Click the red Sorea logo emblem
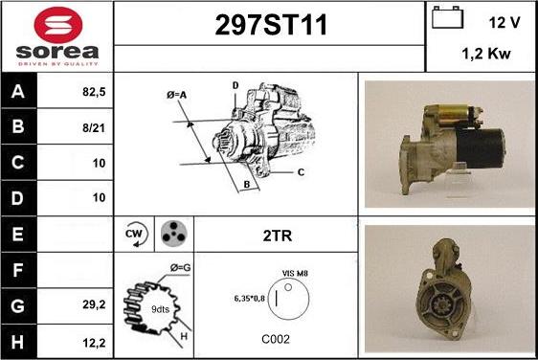[x=58, y=25]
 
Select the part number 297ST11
[x=271, y=25]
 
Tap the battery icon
[x=447, y=17]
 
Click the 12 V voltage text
[x=504, y=23]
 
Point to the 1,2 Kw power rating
[x=486, y=54]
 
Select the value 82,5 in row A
[x=94, y=92]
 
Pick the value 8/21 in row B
[x=94, y=128]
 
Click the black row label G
[x=18, y=306]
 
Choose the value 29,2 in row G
[x=94, y=304]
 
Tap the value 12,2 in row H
[x=94, y=343]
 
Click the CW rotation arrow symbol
[x=136, y=234]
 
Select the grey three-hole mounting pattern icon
[x=174, y=234]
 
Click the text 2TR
[x=278, y=236]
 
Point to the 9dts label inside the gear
[x=160, y=309]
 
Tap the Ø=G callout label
[x=181, y=267]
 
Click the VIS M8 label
[x=295, y=273]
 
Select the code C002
[x=276, y=339]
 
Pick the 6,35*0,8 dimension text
[x=250, y=298]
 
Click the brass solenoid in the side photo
[x=451, y=116]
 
